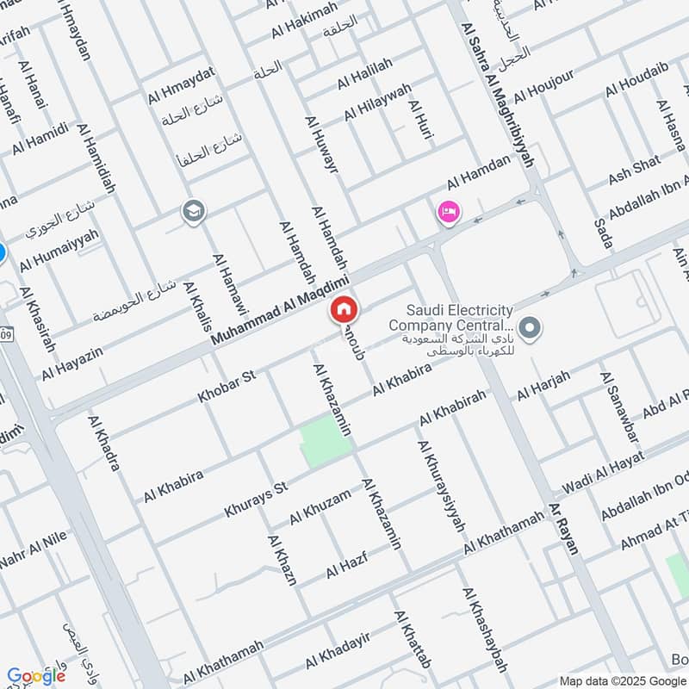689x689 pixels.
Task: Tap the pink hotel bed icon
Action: tap(448, 212)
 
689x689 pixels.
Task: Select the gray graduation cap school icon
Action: tap(191, 211)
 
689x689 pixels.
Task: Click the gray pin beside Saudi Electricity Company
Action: tap(531, 326)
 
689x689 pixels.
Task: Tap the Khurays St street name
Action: tap(255, 500)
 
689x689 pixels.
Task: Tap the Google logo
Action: tap(36, 675)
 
